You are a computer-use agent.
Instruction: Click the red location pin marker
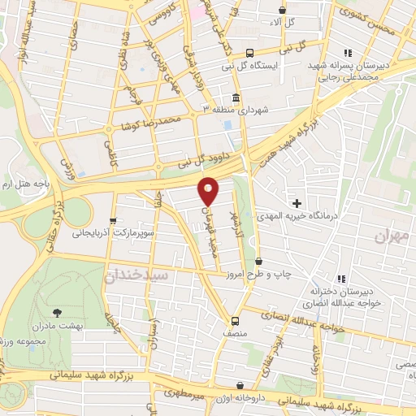(x=209, y=190)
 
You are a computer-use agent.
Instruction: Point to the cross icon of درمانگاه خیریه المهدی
(x=297, y=201)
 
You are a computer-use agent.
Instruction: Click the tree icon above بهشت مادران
(x=56, y=312)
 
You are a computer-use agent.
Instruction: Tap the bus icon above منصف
(x=235, y=320)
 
